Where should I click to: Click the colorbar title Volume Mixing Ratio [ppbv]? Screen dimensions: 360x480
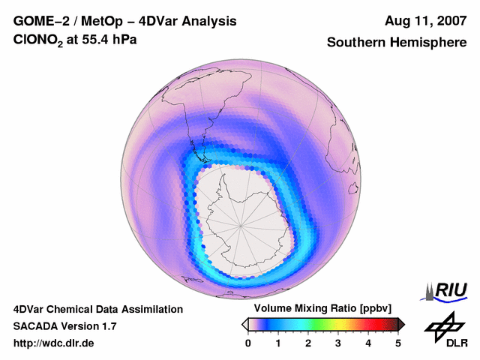(x=319, y=309)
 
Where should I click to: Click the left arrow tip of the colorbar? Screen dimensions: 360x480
(x=244, y=324)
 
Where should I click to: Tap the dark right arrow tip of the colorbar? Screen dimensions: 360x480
(x=402, y=324)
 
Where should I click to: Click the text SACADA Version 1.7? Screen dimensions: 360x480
(x=64, y=326)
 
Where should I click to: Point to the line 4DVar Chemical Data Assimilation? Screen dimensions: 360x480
(x=97, y=309)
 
